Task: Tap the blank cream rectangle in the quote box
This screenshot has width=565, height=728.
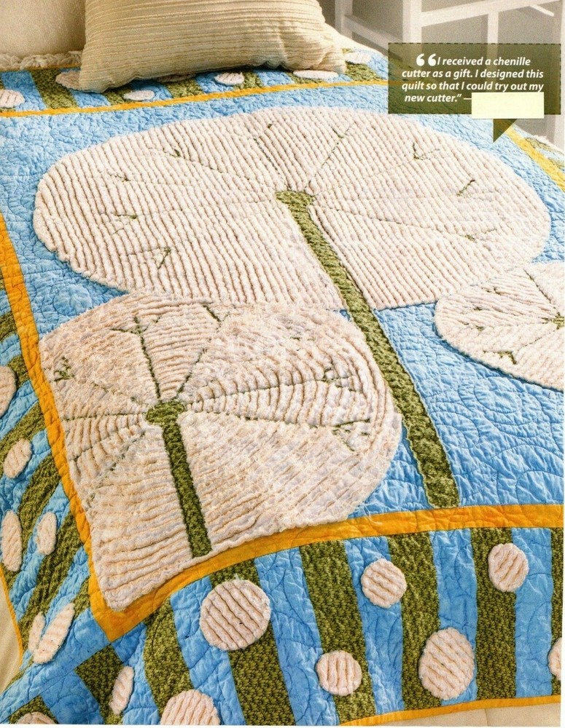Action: tap(507, 105)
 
